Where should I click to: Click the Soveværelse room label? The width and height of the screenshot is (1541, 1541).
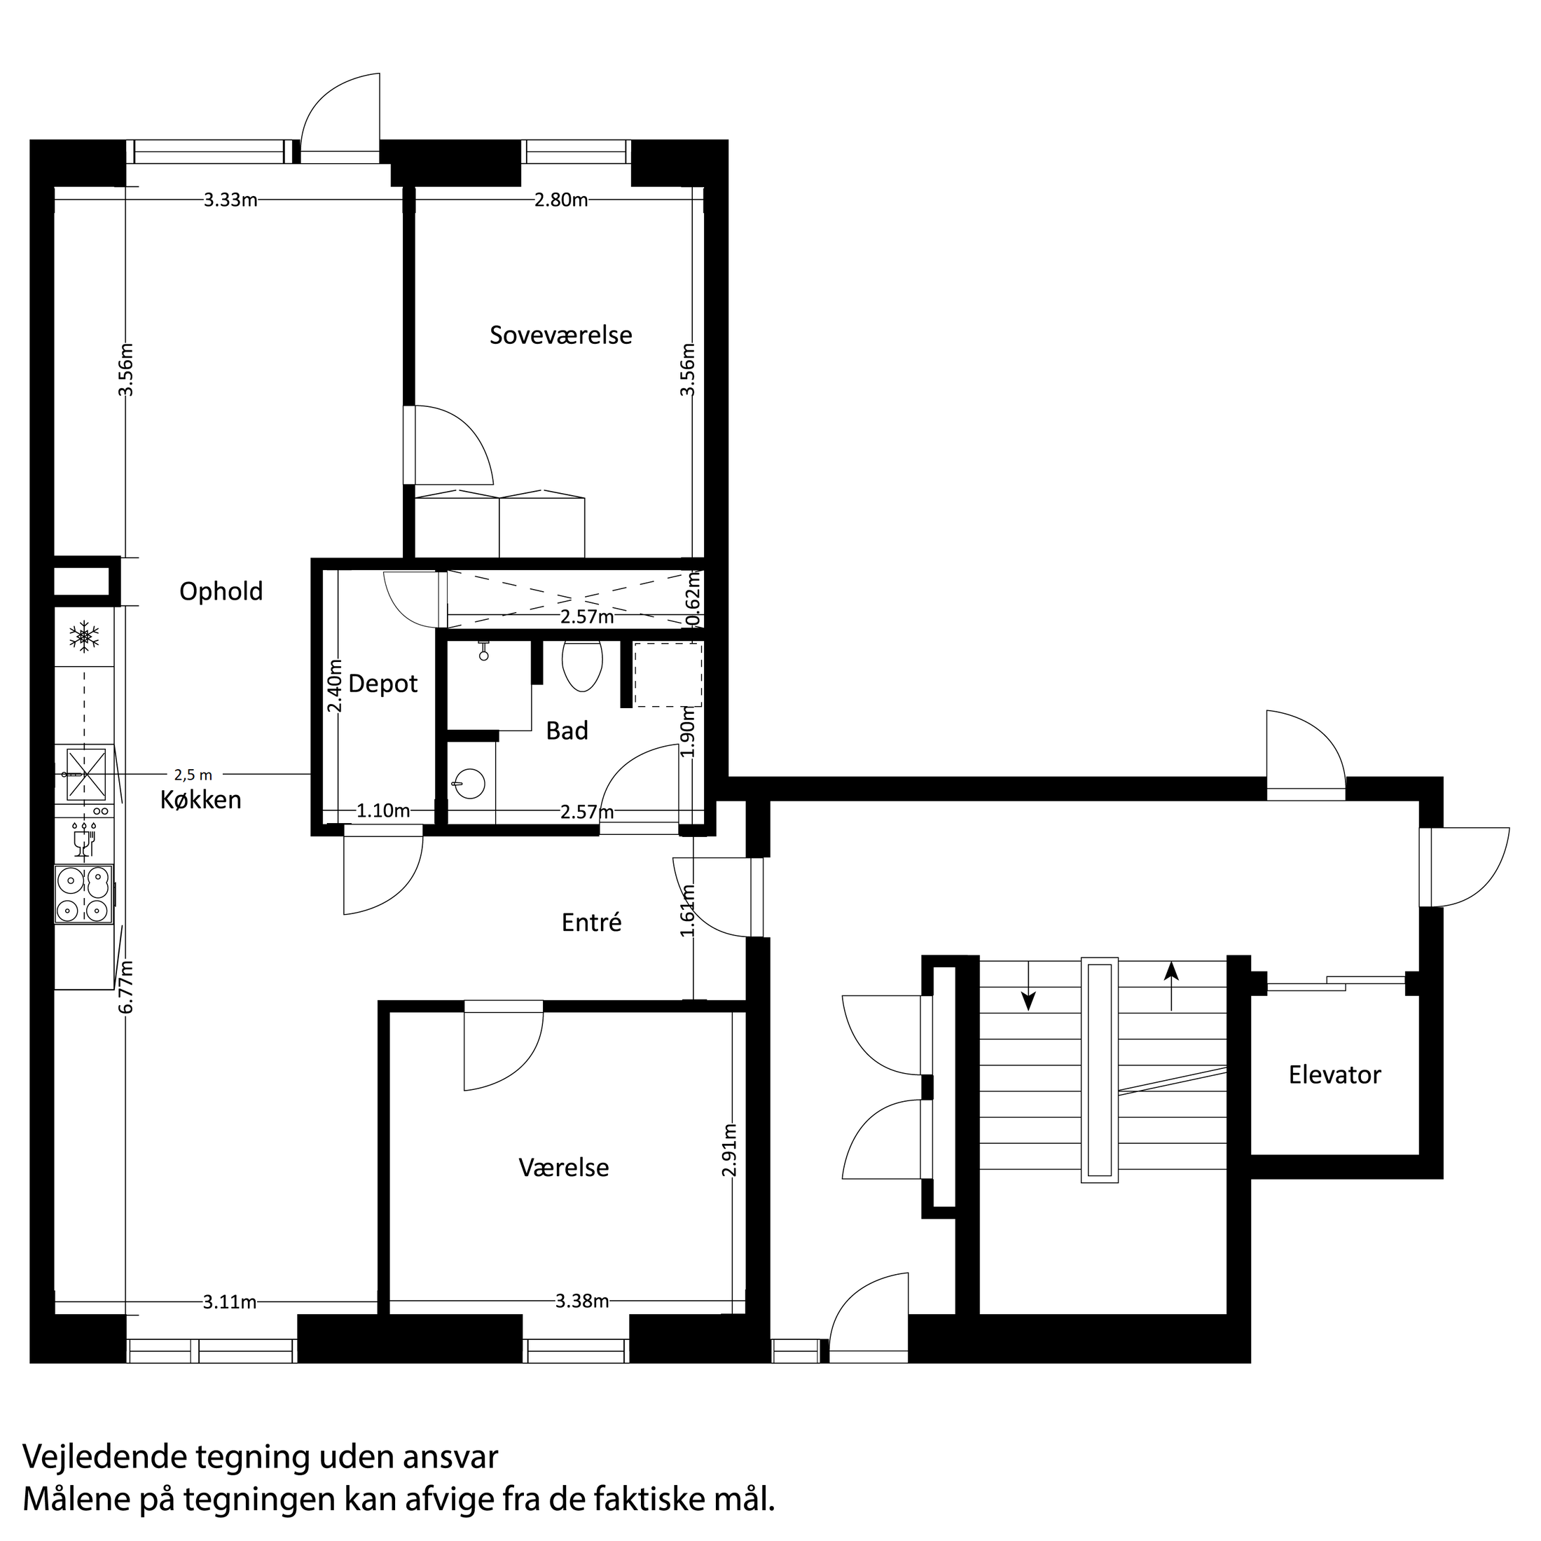click(x=561, y=336)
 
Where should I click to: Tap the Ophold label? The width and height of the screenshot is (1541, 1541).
click(x=221, y=592)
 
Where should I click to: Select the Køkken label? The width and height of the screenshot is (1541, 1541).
click(x=201, y=800)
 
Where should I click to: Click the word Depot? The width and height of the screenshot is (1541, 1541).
click(x=383, y=684)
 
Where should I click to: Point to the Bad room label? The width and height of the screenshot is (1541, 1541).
click(x=567, y=731)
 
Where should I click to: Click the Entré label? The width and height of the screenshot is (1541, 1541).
click(x=591, y=922)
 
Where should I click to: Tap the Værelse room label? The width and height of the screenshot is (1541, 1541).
click(x=563, y=1168)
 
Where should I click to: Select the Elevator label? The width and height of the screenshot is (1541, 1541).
click(x=1334, y=1074)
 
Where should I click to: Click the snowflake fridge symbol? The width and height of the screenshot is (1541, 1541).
click(x=84, y=637)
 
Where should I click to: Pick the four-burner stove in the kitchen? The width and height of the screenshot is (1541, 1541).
click(x=84, y=895)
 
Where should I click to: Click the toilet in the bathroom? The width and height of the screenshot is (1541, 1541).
click(x=581, y=665)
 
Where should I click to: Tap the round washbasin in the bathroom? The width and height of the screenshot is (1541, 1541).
click(x=472, y=783)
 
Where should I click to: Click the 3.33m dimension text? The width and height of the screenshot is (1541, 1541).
click(x=230, y=200)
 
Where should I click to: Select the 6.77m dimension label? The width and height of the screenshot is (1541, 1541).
click(x=126, y=987)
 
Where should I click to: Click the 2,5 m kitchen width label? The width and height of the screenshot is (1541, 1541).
click(x=194, y=775)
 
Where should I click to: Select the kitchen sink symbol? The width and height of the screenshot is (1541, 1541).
click(x=85, y=774)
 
